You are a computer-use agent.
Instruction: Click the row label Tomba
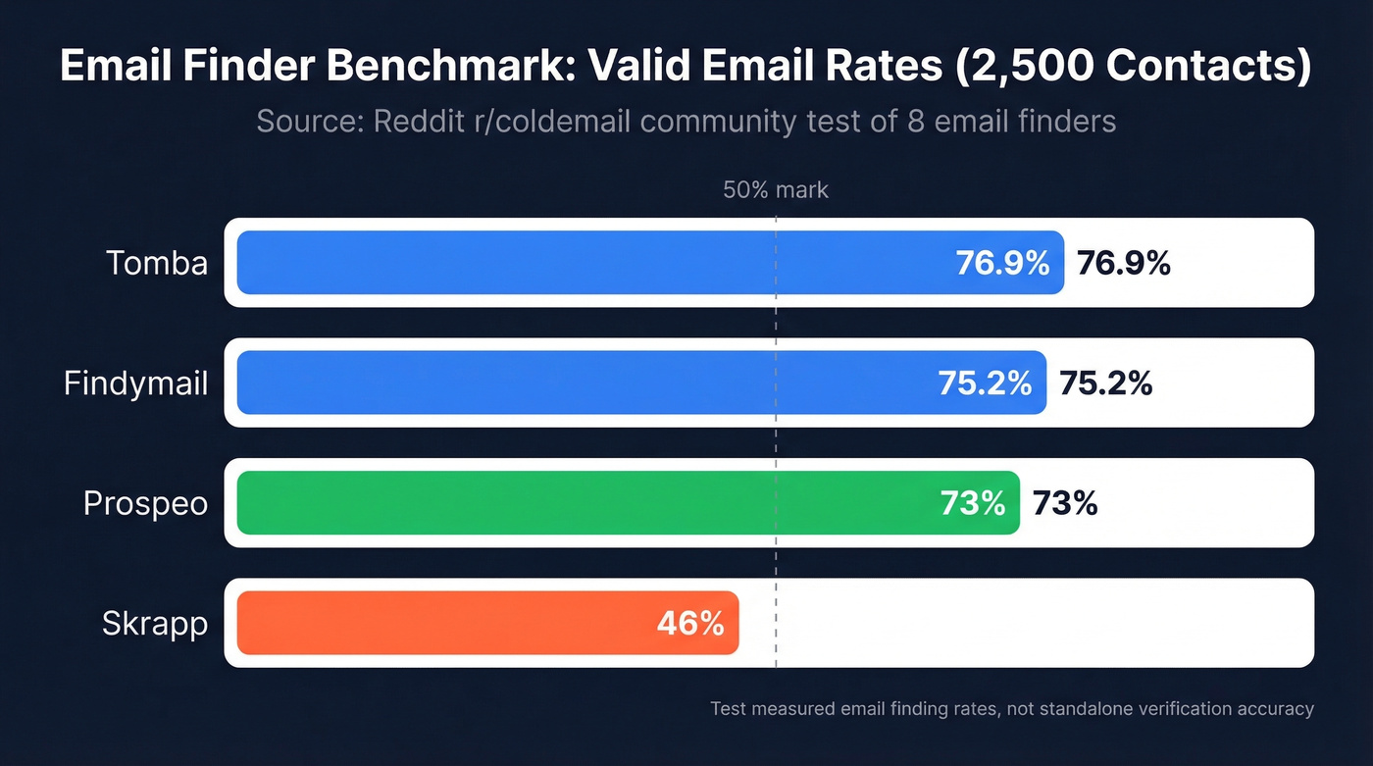(x=157, y=263)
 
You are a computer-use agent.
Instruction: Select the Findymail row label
(x=135, y=383)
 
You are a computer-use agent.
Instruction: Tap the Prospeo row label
(x=145, y=503)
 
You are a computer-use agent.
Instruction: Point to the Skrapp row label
(x=155, y=624)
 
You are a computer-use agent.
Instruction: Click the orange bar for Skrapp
(x=441, y=623)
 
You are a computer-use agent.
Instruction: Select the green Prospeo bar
(x=588, y=503)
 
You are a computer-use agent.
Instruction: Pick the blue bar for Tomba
(x=588, y=263)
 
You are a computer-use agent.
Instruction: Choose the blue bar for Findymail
(x=588, y=383)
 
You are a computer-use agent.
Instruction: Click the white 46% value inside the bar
(x=689, y=623)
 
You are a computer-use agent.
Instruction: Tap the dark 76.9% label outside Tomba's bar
(x=1123, y=263)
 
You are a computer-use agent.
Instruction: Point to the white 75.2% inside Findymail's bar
(x=985, y=383)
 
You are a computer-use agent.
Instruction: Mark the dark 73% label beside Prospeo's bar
(x=1064, y=503)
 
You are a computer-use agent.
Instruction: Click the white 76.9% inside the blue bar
(x=1002, y=263)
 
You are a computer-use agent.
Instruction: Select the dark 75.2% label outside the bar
(x=1105, y=383)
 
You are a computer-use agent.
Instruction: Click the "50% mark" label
(x=775, y=190)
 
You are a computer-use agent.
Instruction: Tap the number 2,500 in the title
(x=1043, y=68)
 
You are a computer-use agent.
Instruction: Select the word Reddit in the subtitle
(x=424, y=122)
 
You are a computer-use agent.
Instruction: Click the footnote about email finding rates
(x=1011, y=708)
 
